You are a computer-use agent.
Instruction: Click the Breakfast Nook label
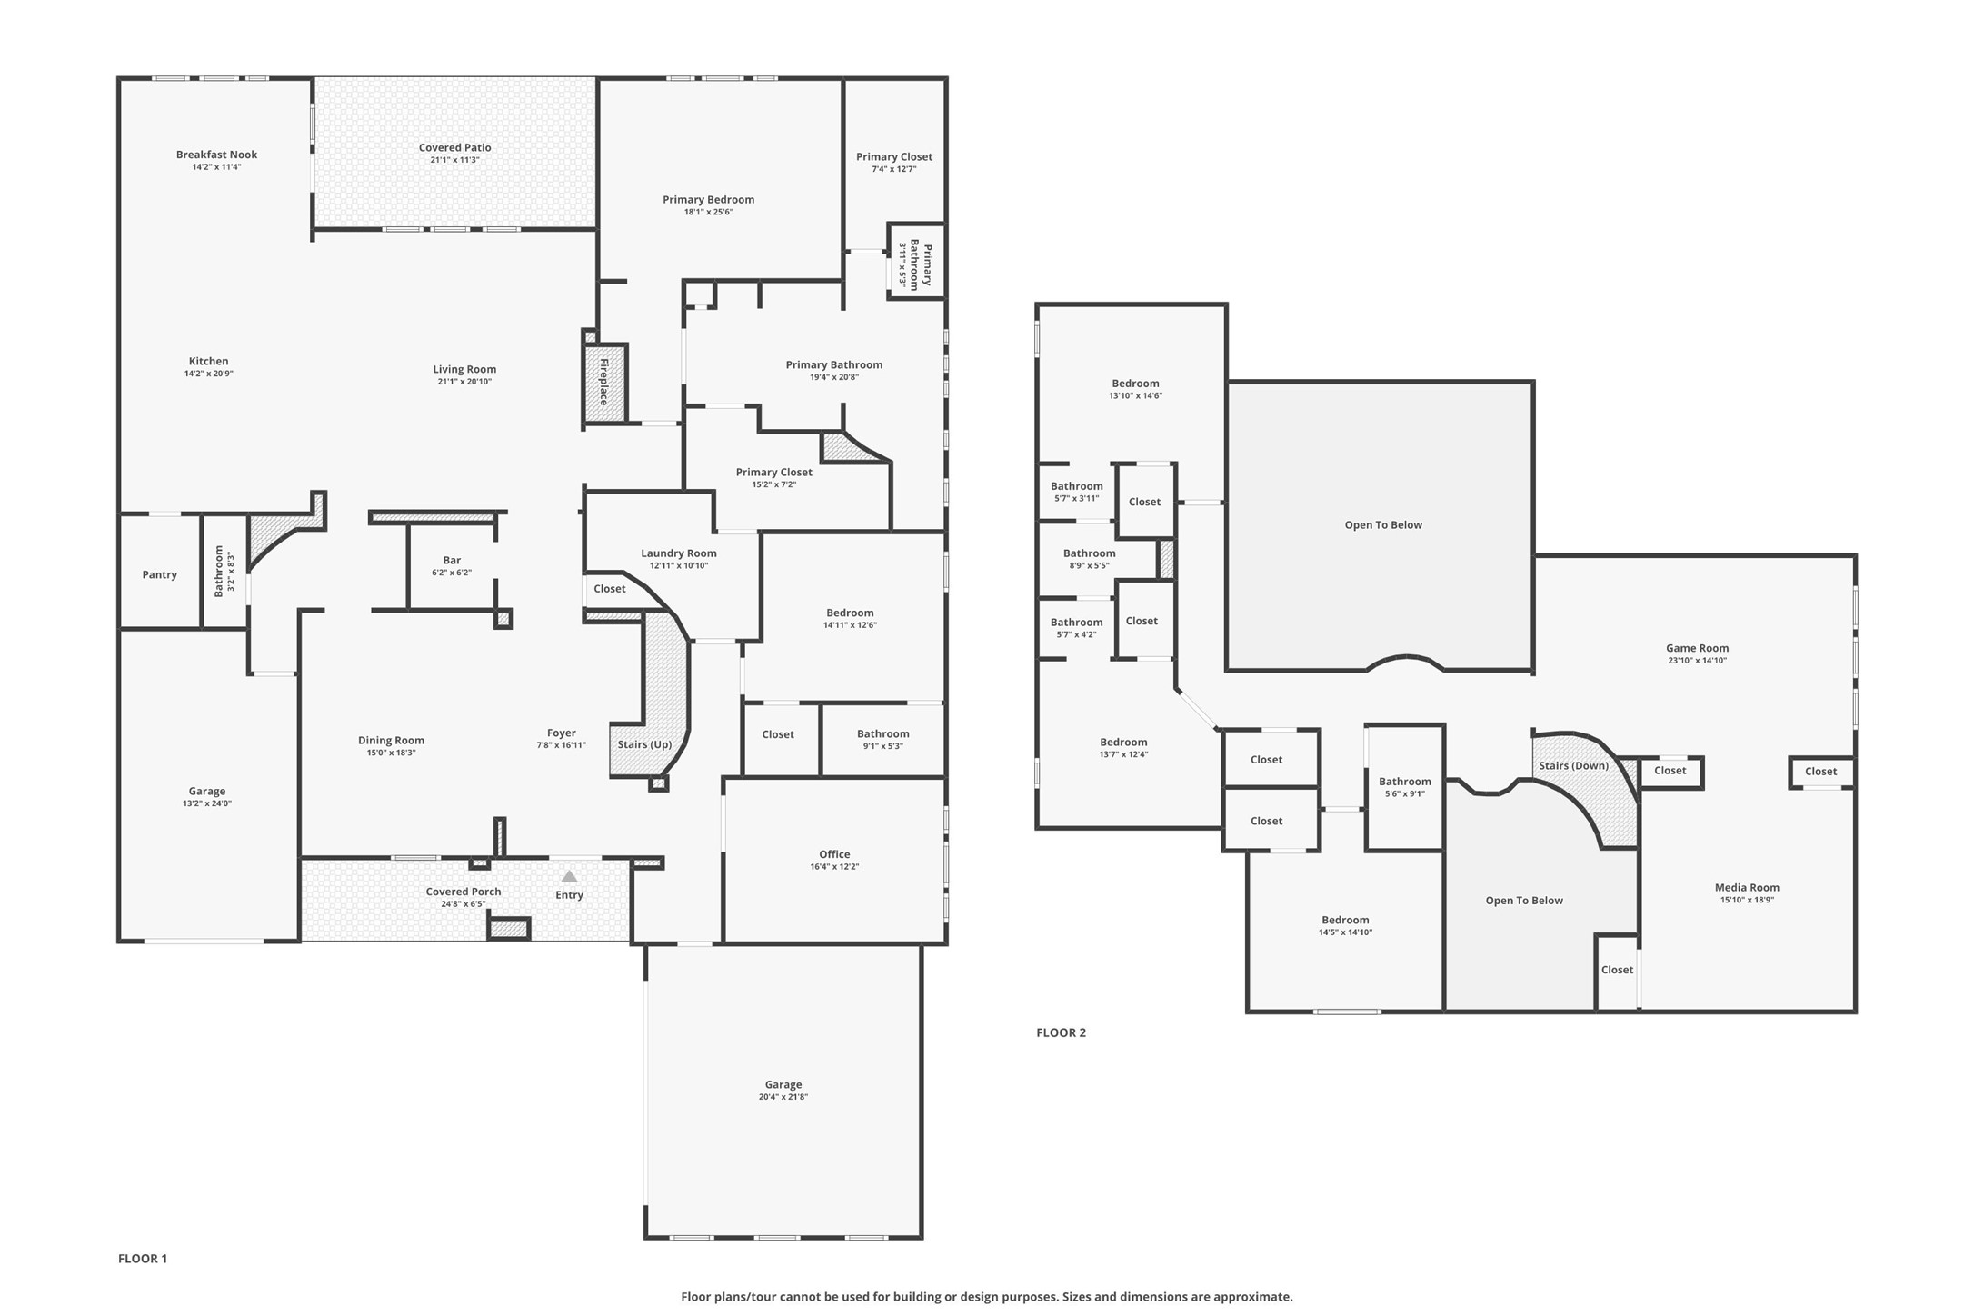(216, 155)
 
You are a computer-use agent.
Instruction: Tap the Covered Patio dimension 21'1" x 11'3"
(454, 160)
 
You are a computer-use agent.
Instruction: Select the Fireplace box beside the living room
(604, 382)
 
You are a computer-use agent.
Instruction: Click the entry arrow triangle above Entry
(569, 876)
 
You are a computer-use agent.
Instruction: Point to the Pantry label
(160, 574)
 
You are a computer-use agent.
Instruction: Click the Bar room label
(452, 560)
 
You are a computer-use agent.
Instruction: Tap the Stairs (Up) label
(644, 744)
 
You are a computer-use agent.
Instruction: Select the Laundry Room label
(678, 553)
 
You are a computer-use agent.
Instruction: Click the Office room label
(834, 854)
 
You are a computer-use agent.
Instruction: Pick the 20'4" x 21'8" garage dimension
(783, 1097)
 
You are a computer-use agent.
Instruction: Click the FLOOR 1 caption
(143, 1259)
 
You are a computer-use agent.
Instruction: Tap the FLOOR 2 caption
(1061, 1032)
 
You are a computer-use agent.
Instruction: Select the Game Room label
(1697, 648)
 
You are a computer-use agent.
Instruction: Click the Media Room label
(1747, 887)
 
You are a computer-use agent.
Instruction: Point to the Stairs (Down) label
(1573, 765)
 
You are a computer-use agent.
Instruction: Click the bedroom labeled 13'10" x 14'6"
(1135, 384)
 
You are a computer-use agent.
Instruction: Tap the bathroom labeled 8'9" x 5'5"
(1089, 553)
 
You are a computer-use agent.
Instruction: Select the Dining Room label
(391, 740)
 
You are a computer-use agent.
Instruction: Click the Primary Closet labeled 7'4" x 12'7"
(893, 156)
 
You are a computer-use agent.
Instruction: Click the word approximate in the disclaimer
(1251, 1297)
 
